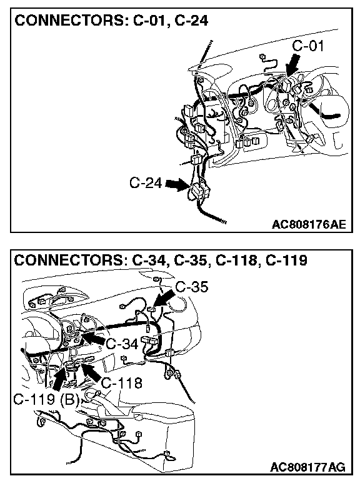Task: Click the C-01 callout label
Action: [x=308, y=46]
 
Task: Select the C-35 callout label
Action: [x=192, y=287]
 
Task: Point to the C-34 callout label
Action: [x=122, y=344]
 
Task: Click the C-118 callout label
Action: [x=121, y=383]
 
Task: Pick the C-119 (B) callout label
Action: [x=46, y=399]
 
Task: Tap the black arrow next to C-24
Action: [x=177, y=185]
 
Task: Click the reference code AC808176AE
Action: [x=309, y=224]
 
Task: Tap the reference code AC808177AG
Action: [x=308, y=467]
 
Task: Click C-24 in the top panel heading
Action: [x=191, y=21]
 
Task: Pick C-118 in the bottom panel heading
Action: [x=236, y=260]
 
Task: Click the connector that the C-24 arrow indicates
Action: [x=199, y=191]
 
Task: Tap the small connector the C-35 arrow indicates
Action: [x=151, y=309]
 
